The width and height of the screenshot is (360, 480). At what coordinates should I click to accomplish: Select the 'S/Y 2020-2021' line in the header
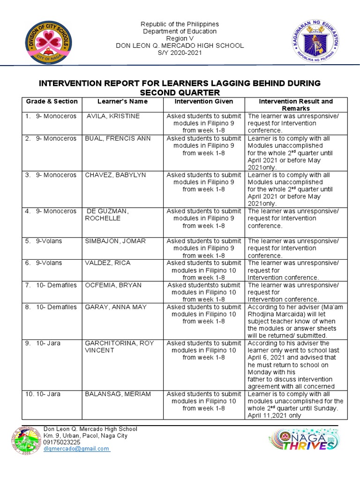[x=180, y=52]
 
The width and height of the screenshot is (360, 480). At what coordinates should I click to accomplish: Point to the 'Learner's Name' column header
[x=122, y=101]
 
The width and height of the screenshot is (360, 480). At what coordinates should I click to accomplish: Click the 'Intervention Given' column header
[x=203, y=101]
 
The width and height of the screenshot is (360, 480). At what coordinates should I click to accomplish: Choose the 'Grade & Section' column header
[x=52, y=101]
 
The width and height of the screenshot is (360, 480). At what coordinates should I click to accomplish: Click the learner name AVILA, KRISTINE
[x=113, y=116]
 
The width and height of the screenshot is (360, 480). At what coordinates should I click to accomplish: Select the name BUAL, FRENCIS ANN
[x=115, y=138]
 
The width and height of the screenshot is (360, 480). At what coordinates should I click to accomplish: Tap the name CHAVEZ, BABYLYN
[x=115, y=175]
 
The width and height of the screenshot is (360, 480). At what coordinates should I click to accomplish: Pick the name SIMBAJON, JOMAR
[x=115, y=241]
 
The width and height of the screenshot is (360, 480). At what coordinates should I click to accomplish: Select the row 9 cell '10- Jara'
[x=48, y=344]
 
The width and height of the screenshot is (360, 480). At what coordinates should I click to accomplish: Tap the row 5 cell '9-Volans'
[x=49, y=241]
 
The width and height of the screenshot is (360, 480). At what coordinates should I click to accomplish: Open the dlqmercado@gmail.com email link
[x=76, y=449]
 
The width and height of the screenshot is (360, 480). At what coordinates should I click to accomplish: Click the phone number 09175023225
[x=62, y=442]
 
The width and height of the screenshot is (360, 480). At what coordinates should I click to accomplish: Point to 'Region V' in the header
[x=180, y=38]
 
